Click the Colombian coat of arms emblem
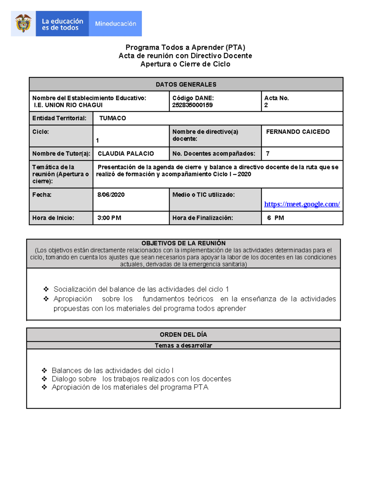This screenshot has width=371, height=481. [23, 24]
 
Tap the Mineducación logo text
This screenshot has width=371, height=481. [115, 24]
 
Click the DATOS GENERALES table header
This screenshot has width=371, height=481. [186, 85]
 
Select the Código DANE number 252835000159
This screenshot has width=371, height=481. [192, 105]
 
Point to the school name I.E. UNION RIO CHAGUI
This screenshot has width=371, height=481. [68, 105]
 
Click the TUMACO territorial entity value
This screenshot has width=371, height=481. [113, 118]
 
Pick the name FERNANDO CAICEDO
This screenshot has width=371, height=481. [298, 132]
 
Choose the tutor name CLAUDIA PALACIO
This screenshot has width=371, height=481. [126, 154]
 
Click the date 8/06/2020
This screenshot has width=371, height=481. [111, 195]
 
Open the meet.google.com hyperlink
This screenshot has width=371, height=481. [302, 204]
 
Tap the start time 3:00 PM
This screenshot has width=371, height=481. [109, 218]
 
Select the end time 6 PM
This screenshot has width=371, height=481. [275, 218]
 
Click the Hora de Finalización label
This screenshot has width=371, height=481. [203, 218]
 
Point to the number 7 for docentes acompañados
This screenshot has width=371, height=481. [267, 154]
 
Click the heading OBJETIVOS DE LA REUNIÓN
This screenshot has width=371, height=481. [183, 243]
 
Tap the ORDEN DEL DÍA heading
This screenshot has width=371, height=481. [183, 335]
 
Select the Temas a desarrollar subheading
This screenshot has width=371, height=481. [183, 345]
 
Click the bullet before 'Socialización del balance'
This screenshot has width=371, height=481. [46, 289]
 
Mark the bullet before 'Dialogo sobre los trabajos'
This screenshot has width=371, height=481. [45, 379]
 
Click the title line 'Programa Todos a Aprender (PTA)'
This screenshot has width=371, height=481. [185, 47]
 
